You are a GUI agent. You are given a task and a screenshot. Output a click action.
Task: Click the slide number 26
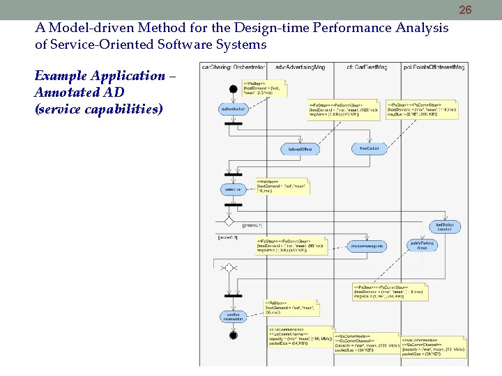click(x=466, y=10)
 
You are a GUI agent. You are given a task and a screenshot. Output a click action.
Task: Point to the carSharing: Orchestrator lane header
click(x=233, y=67)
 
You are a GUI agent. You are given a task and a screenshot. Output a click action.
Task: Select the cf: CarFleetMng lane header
click(x=367, y=67)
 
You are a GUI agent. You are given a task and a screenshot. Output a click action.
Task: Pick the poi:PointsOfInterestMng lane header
click(x=434, y=67)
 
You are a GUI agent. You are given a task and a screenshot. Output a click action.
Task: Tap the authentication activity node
click(x=233, y=109)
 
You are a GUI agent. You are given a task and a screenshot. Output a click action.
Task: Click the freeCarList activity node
click(x=369, y=148)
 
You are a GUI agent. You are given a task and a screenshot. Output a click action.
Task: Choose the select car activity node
click(x=233, y=189)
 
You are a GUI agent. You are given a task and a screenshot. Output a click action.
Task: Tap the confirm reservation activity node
click(x=232, y=317)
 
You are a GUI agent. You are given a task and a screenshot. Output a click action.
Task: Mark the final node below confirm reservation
click(x=233, y=336)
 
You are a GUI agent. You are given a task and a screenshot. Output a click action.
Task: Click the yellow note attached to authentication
click(x=265, y=88)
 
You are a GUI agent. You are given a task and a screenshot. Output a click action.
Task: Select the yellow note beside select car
click(x=282, y=187)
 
